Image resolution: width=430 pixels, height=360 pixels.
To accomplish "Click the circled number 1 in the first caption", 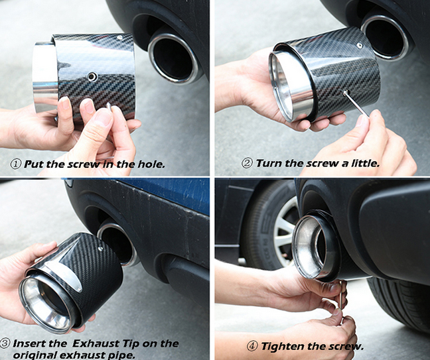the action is (x=16, y=164).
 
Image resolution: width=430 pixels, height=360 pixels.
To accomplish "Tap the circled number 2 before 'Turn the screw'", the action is (x=247, y=163).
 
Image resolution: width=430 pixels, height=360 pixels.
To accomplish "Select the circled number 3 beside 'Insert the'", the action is (x=5, y=343).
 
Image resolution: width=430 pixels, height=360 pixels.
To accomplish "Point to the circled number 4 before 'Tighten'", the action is (x=252, y=346).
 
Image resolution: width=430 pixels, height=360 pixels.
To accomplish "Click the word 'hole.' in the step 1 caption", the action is (x=151, y=164).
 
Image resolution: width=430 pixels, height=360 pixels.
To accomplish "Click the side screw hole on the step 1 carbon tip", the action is (x=92, y=77).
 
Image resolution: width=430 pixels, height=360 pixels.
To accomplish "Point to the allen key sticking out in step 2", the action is (x=356, y=104).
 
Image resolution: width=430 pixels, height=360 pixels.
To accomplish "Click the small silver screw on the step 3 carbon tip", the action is (x=101, y=249).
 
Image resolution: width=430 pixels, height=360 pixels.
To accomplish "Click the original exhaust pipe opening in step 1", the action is (x=173, y=58).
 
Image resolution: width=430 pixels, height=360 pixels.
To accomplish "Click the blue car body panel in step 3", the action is (x=171, y=194).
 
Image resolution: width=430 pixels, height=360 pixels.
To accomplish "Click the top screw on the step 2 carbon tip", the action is (x=360, y=46).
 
